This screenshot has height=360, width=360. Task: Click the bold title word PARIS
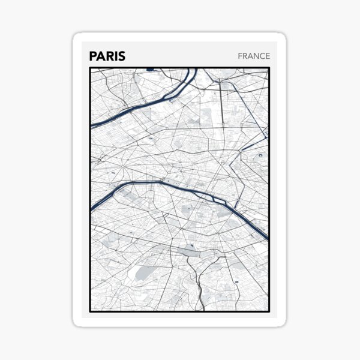click(x=107, y=56)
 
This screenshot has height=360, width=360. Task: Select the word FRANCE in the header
click(x=254, y=56)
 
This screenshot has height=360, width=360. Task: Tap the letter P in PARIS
click(x=93, y=56)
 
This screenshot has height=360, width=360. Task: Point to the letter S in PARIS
click(x=122, y=56)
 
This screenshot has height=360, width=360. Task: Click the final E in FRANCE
click(x=268, y=56)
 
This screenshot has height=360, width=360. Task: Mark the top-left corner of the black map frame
click(x=91, y=68)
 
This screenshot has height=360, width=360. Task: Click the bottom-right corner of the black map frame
click(x=269, y=311)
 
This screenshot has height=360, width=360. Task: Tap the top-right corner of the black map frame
click(x=269, y=68)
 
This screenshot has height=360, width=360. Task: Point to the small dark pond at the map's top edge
click(x=149, y=70)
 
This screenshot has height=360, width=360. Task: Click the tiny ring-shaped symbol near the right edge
click(x=260, y=155)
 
